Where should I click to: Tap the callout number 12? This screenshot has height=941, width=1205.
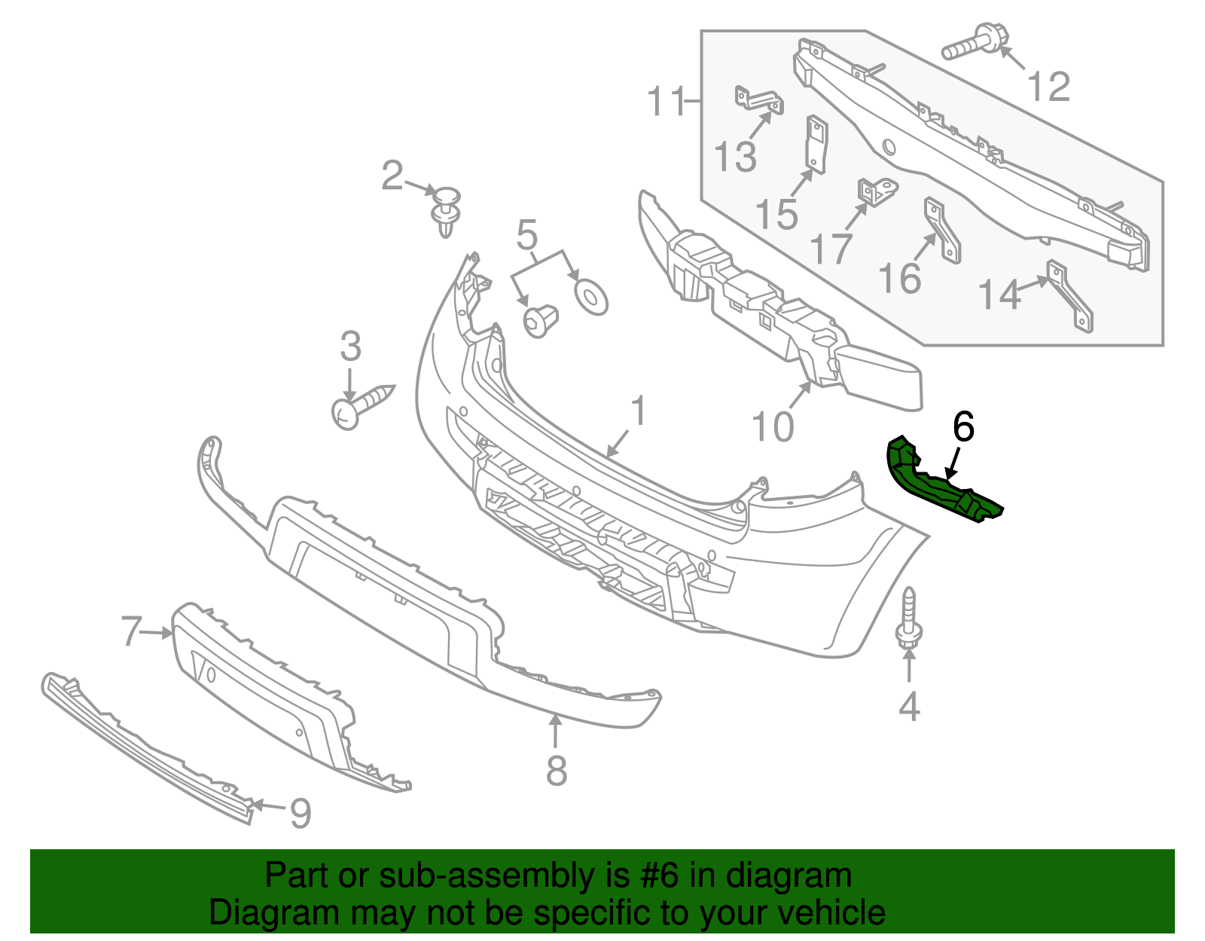[x=1048, y=87]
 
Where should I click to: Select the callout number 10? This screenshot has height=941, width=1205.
[x=773, y=427]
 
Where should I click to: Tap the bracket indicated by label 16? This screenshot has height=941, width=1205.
[x=942, y=230]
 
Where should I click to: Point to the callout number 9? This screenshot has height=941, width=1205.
[x=300, y=814]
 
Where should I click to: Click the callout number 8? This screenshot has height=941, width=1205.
[x=556, y=771]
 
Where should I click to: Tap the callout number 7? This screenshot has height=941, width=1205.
[x=132, y=631]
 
